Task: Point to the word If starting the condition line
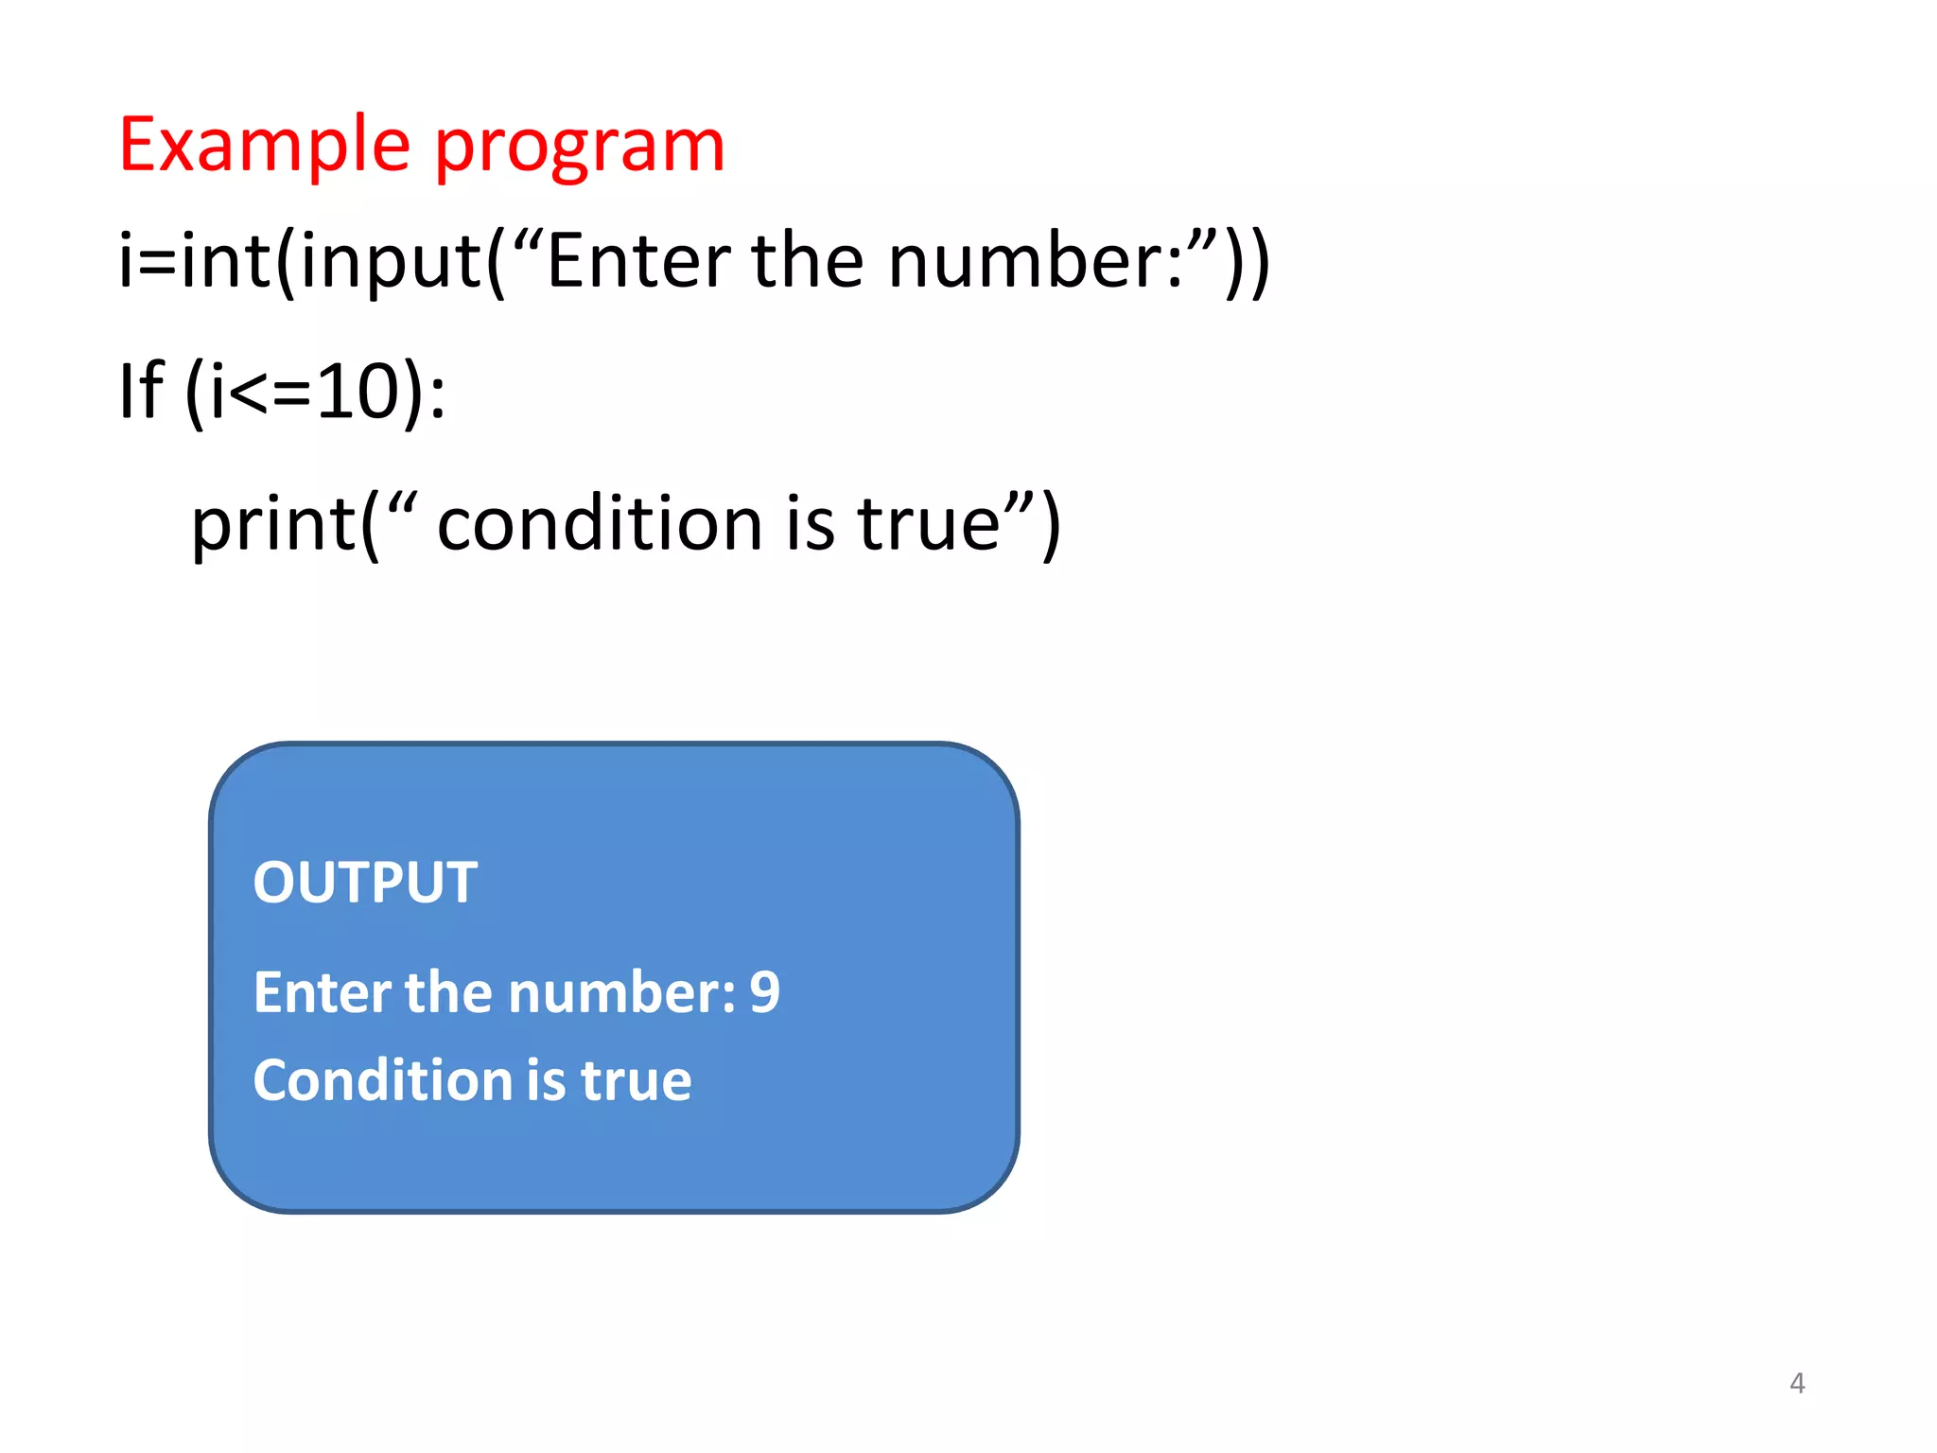point(140,390)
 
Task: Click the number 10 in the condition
point(359,392)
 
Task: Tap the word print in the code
point(273,524)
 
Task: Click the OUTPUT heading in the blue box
point(365,883)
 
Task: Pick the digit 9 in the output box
point(764,992)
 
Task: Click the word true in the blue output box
point(636,1080)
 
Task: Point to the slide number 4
point(1797,1383)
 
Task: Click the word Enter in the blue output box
point(322,992)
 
